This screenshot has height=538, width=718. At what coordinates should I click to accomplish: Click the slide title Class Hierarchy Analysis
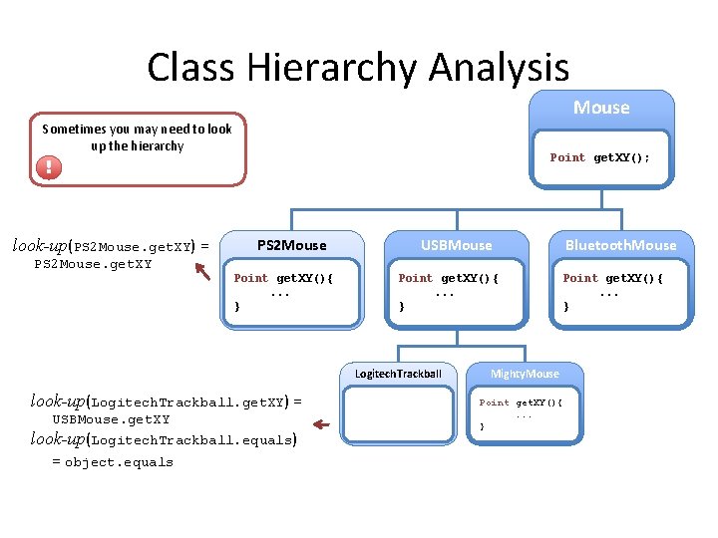pos(358,67)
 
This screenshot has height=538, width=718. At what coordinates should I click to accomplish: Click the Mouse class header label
pos(601,108)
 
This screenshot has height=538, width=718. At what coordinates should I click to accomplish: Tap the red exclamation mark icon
pos(48,166)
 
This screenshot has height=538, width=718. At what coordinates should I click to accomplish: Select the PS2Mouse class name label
pos(291,245)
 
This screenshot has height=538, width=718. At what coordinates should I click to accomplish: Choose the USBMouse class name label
pos(456,245)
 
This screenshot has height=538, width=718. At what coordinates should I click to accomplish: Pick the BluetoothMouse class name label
pos(620,245)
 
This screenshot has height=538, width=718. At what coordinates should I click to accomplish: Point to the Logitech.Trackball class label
pos(398,375)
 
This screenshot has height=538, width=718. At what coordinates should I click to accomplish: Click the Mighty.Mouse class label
pos(525,375)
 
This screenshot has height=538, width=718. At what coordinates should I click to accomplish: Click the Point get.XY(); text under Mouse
pos(606,157)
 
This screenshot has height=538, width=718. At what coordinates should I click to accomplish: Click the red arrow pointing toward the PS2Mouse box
pos(206,268)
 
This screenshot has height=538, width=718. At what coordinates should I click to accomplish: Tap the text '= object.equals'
pos(112,462)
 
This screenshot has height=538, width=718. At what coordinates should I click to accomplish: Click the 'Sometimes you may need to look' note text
pos(137,129)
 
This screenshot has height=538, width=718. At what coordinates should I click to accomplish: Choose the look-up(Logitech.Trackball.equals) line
pos(164,439)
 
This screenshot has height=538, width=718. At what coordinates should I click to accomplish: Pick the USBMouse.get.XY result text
pos(111,419)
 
